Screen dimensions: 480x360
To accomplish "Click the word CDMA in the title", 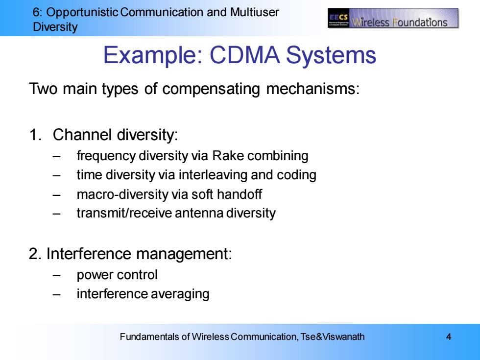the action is pos(244,55).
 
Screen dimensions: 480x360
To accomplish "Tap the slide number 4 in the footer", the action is pos(449,337).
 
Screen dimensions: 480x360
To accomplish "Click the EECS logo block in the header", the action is pos(338,19).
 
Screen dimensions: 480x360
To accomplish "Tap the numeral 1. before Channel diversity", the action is pos(35,135).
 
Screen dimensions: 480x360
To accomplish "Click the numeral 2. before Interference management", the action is pos(35,254).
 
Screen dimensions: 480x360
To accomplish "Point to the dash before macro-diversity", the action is pos(56,195).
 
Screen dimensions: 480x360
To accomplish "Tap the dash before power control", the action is pos(56,275).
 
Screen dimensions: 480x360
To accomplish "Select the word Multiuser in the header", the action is pos(254,12).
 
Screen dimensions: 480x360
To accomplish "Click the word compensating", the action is pos(211,89).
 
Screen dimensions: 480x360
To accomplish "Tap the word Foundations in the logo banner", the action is pos(420,22).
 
